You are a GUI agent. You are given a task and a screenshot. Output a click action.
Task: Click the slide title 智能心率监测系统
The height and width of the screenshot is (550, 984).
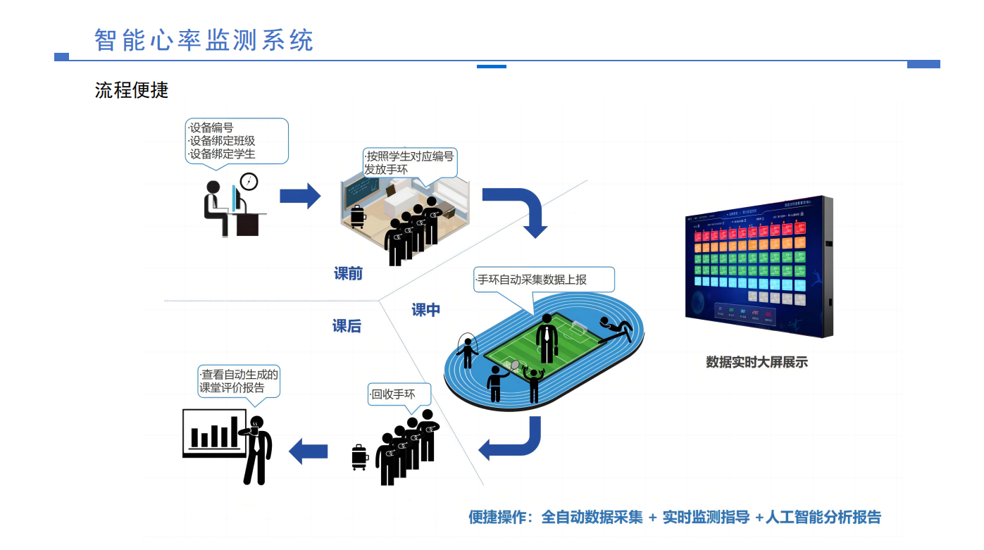[204, 40]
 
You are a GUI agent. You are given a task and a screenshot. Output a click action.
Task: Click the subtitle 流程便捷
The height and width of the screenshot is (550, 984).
[132, 90]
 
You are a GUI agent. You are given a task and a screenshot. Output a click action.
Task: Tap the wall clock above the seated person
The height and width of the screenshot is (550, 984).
[249, 181]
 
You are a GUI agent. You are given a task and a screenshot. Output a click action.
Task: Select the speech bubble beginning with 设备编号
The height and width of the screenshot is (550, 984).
[237, 141]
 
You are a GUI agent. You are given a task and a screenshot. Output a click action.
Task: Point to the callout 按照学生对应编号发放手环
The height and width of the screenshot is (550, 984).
[409, 162]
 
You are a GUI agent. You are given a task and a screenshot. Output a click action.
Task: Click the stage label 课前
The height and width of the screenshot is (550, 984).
[348, 274]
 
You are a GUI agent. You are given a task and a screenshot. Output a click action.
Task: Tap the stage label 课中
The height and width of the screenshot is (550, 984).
[426, 310]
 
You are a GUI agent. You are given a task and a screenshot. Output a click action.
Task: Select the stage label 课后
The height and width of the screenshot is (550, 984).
[347, 326]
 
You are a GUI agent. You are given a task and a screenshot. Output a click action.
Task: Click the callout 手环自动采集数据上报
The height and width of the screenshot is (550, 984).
[543, 280]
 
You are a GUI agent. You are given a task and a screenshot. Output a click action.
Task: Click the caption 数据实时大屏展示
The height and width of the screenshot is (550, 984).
[756, 363]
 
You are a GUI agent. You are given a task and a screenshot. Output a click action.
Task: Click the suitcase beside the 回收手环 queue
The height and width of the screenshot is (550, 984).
[359, 457]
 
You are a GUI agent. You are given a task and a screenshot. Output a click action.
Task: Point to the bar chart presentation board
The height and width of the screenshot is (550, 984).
[214, 432]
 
